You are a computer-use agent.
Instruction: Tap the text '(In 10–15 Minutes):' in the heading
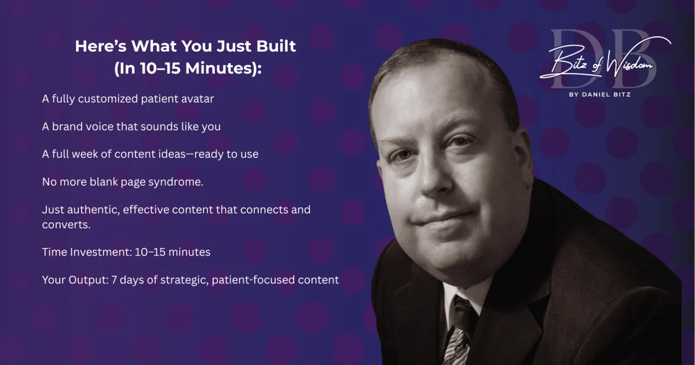click(x=188, y=68)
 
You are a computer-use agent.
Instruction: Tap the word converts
click(x=66, y=225)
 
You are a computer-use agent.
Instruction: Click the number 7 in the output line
click(x=114, y=280)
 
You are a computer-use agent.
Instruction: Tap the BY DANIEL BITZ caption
click(x=600, y=94)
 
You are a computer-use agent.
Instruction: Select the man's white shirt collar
click(x=462, y=298)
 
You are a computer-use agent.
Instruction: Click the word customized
click(x=108, y=98)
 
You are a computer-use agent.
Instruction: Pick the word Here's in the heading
click(x=101, y=46)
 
